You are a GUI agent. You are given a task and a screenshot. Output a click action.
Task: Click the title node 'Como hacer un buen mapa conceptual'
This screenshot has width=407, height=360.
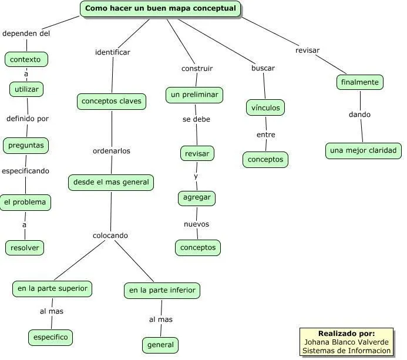tap(160, 9)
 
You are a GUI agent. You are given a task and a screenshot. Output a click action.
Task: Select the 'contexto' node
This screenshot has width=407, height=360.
tap(26, 59)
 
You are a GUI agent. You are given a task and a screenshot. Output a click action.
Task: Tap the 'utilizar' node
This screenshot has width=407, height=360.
tap(26, 89)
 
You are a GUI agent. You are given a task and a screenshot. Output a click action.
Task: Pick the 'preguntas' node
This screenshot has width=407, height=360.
tap(26, 144)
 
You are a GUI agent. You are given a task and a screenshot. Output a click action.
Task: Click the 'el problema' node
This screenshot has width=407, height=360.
tap(25, 203)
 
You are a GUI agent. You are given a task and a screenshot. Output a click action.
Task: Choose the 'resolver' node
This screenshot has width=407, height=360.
tap(25, 248)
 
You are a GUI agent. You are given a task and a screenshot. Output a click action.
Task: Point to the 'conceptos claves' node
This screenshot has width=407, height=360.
tap(112, 102)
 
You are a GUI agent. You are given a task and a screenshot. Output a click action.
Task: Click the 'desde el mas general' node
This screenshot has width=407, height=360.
tap(111, 183)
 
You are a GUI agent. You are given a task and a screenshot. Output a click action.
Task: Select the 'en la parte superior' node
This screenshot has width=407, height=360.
tap(52, 288)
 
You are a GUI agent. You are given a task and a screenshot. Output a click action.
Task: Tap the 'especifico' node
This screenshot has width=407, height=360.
tap(51, 338)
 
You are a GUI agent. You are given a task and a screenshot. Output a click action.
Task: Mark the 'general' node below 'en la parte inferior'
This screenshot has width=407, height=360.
tap(160, 345)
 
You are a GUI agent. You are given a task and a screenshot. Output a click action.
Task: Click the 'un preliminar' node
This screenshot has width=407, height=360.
tap(194, 95)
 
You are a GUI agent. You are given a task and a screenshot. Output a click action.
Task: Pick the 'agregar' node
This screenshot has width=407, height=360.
tap(197, 198)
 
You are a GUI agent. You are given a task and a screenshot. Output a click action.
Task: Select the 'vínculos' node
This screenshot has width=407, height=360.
tap(265, 108)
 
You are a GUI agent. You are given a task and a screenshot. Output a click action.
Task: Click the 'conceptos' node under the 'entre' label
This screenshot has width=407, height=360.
tap(265, 160)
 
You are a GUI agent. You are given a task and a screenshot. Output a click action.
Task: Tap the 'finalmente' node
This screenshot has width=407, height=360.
tap(360, 82)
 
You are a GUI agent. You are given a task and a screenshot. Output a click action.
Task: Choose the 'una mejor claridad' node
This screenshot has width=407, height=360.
tap(364, 151)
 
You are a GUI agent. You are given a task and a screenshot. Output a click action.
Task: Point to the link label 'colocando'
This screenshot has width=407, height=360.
tap(110, 235)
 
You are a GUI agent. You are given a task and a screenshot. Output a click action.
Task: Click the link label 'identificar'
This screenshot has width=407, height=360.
tap(113, 52)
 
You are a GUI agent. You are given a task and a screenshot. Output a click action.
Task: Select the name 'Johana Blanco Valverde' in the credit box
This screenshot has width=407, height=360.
tap(347, 342)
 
